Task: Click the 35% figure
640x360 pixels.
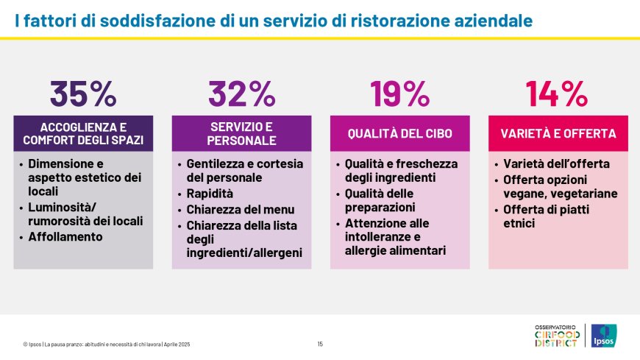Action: pyautogui.click(x=83, y=93)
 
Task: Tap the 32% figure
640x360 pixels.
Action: pyautogui.click(x=241, y=93)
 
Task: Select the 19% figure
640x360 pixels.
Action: pyautogui.click(x=399, y=93)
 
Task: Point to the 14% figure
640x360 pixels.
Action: pyautogui.click(x=557, y=93)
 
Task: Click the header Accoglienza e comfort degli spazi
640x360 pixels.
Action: pyautogui.click(x=83, y=133)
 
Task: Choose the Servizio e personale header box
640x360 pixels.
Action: pyautogui.click(x=241, y=133)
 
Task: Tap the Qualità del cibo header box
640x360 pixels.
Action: pyautogui.click(x=399, y=133)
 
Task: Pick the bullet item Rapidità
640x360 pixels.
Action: pyautogui.click(x=210, y=194)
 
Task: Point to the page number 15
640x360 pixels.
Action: pyautogui.click(x=320, y=344)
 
